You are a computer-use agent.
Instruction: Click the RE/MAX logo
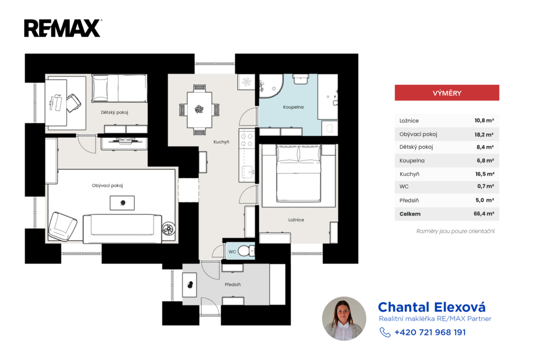click(62, 28)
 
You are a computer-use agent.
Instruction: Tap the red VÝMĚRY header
click(447, 93)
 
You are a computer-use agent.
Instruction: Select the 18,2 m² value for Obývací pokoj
click(484, 134)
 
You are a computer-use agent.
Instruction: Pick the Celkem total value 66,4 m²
click(484, 214)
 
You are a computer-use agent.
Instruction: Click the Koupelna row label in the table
click(412, 160)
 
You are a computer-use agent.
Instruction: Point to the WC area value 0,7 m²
click(486, 186)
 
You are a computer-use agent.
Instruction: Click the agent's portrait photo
click(344, 319)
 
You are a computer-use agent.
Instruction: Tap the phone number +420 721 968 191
click(430, 332)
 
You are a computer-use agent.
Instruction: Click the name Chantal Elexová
click(432, 307)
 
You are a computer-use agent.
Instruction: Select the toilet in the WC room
click(246, 251)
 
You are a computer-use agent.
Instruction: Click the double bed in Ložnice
click(299, 173)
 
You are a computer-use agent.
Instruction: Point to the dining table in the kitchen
click(199, 110)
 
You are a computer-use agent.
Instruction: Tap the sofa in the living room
click(122, 228)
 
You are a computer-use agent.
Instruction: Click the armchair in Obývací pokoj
click(62, 226)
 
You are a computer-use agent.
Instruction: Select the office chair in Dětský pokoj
click(74, 103)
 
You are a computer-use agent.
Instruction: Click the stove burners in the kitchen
click(247, 140)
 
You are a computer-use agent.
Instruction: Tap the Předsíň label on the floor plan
click(233, 285)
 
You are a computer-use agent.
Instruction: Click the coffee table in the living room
click(122, 203)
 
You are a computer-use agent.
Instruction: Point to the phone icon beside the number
click(385, 332)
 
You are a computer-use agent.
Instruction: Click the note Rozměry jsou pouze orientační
click(456, 231)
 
